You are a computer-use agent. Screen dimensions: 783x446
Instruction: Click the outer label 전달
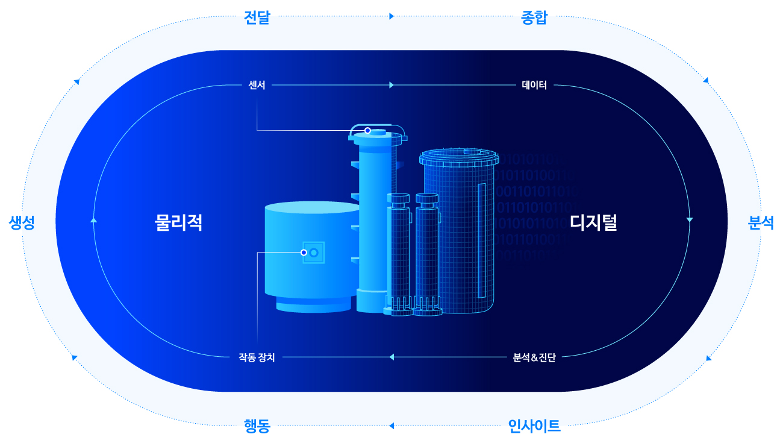(257, 17)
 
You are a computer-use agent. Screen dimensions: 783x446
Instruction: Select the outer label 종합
(534, 17)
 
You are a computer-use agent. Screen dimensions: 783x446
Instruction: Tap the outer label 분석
(761, 222)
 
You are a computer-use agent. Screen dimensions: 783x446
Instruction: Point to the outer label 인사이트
(534, 426)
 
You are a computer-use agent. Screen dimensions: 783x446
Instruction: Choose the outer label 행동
(257, 426)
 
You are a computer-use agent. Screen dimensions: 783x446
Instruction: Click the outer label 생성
(22, 222)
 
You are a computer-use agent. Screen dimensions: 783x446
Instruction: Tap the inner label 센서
(257, 85)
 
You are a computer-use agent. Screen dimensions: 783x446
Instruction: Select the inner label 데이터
(534, 85)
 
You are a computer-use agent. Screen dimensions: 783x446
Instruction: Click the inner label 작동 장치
(257, 357)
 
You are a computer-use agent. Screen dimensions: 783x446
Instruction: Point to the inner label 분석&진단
(534, 357)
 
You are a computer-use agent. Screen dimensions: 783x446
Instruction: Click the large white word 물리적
(178, 222)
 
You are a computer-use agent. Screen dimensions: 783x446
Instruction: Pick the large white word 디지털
(593, 222)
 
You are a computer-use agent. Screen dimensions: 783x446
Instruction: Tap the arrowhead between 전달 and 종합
(391, 16)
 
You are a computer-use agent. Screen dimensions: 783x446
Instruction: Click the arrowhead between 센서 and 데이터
(391, 85)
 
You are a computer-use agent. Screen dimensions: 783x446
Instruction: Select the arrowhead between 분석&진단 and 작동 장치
(391, 357)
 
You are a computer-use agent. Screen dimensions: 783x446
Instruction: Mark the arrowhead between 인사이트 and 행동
(391, 426)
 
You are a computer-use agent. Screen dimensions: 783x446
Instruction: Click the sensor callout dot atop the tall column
(367, 130)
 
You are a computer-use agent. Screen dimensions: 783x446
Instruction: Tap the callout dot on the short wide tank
(304, 253)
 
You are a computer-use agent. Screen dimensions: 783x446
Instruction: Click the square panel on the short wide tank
(314, 253)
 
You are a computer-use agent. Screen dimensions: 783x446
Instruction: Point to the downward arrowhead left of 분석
(689, 219)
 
